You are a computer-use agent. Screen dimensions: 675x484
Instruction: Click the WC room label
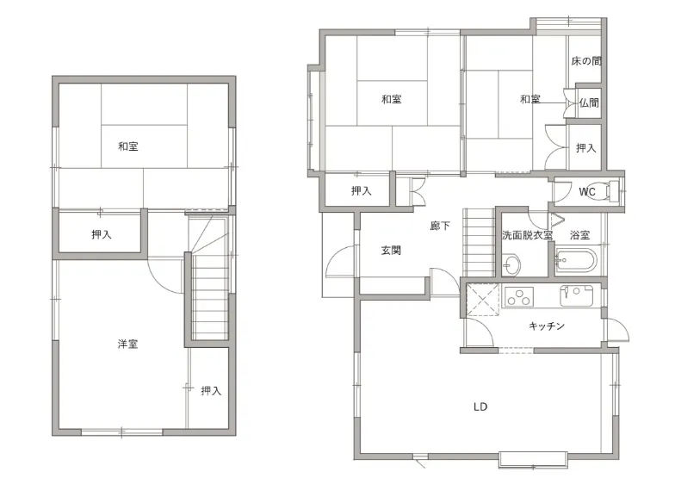click(587, 191)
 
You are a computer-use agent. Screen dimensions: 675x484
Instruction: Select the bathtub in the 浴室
click(575, 260)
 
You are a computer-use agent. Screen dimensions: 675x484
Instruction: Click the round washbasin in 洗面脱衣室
click(511, 264)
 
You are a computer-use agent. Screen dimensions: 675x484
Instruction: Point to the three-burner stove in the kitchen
click(518, 296)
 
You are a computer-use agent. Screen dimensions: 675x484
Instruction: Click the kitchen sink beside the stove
click(577, 296)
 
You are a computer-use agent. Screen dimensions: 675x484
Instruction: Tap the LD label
click(480, 406)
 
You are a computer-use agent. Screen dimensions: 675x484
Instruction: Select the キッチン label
click(546, 326)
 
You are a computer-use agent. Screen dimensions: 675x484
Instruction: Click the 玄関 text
click(391, 250)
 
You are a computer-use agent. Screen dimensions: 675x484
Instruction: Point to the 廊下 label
click(440, 226)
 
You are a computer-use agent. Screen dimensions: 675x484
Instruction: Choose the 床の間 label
click(585, 61)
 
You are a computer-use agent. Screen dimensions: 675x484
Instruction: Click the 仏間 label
click(589, 102)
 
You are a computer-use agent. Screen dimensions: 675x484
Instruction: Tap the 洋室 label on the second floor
click(127, 344)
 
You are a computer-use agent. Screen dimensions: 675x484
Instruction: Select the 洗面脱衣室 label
click(527, 235)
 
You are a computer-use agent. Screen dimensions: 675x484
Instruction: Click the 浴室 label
click(579, 235)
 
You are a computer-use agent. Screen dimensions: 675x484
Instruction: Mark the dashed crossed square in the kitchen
click(482, 300)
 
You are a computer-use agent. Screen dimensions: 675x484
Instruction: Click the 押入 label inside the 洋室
click(211, 391)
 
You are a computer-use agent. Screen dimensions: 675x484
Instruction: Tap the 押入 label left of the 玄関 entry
click(361, 191)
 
